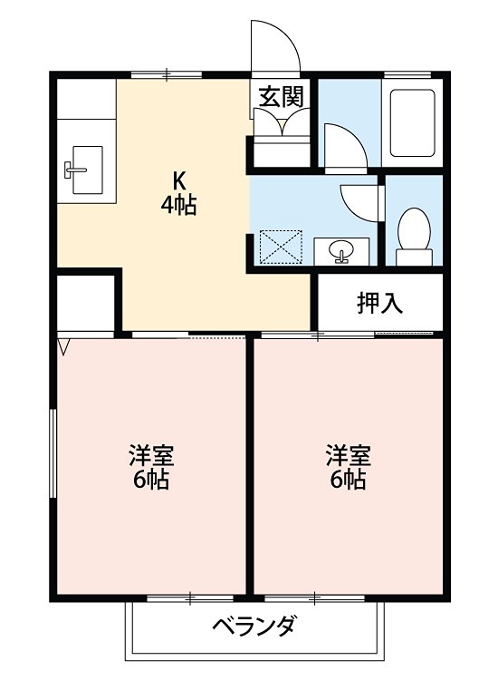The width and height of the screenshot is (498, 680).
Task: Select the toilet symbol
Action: (x=414, y=237)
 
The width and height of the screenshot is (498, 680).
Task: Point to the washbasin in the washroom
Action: (x=341, y=249)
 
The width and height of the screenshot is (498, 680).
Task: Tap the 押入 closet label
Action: (x=378, y=304)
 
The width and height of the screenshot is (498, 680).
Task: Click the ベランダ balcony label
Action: (x=255, y=626)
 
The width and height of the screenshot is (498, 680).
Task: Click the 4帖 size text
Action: (x=178, y=205)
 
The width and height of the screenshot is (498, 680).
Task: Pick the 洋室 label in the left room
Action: (x=151, y=455)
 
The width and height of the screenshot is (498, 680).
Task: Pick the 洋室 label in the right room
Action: (x=349, y=455)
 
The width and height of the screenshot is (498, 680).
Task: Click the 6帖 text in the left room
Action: (x=151, y=481)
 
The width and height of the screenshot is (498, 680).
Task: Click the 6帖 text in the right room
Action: (x=349, y=481)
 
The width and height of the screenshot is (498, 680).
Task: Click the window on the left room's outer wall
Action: (x=53, y=452)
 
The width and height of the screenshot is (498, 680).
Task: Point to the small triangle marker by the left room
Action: (x=63, y=345)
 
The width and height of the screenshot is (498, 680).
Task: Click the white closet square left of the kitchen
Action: (x=86, y=305)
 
